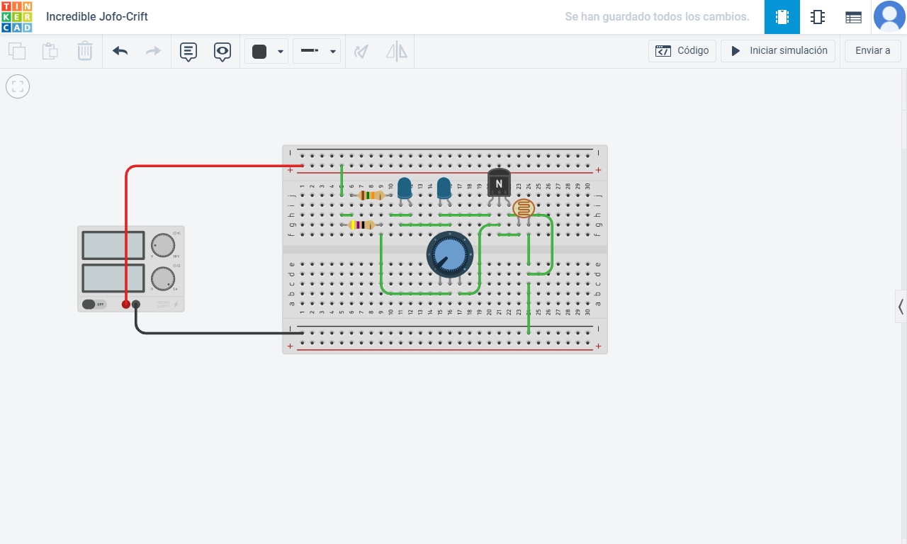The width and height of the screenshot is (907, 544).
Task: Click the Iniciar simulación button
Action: point(778,51)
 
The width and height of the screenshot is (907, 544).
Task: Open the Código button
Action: point(682,51)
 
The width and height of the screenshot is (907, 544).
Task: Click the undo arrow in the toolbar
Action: point(120,51)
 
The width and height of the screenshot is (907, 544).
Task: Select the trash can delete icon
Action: point(85,51)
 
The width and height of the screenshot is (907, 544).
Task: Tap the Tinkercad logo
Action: point(16,17)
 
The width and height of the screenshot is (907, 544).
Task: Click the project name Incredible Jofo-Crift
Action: point(97,17)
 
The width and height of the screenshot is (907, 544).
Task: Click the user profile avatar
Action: point(889,17)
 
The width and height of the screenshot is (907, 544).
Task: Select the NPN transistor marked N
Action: point(499,183)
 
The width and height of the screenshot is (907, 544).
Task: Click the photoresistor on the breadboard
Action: point(524,208)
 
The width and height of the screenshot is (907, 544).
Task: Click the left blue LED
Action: point(404,188)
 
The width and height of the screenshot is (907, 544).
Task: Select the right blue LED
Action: point(444,188)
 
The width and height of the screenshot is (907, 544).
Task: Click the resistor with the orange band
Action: point(371,195)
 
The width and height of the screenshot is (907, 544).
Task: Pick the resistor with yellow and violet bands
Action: point(361,225)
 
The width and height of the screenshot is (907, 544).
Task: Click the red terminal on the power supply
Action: point(126,304)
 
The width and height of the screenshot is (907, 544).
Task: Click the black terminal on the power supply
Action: point(136,304)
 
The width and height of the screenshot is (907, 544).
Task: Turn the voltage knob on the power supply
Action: point(162,245)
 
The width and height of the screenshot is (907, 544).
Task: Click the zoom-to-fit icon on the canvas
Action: point(18,86)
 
